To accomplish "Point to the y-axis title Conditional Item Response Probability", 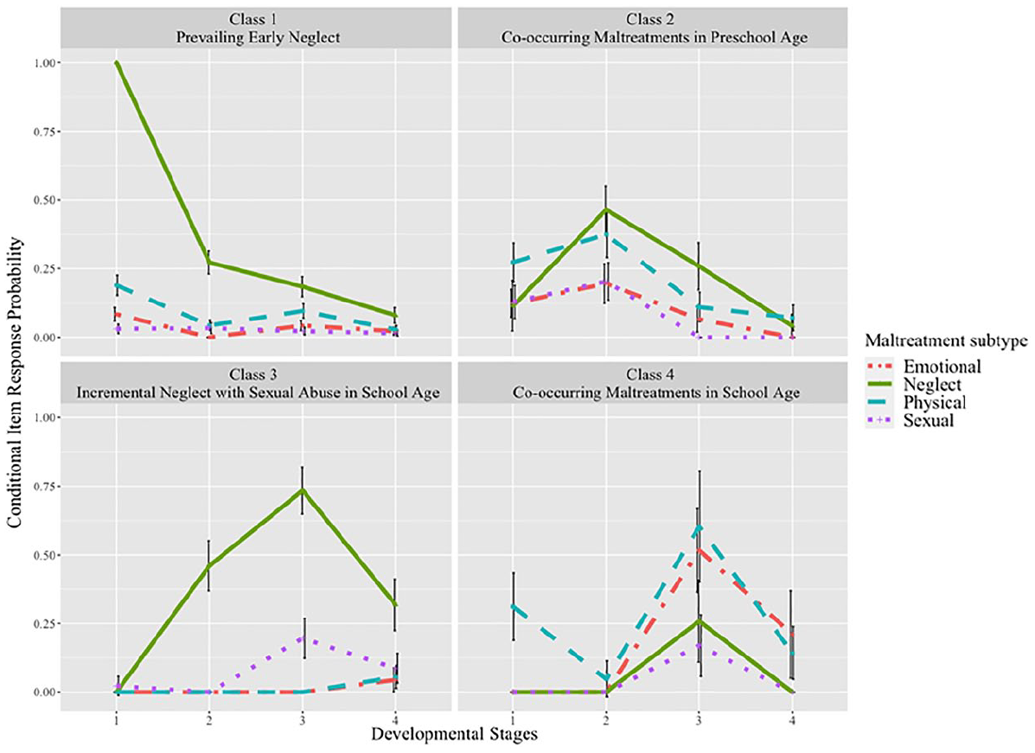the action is (x=15, y=383).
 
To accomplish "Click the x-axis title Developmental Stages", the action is (x=454, y=734).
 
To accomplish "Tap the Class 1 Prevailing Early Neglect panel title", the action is (x=258, y=28).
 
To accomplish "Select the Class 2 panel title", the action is (x=654, y=28).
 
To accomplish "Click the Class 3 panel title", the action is (x=258, y=384).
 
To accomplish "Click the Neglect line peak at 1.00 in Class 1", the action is (x=117, y=63).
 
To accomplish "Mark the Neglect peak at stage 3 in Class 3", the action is (x=303, y=489).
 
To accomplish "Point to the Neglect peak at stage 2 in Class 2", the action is (x=607, y=209).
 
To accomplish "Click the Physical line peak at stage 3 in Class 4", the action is (x=699, y=526).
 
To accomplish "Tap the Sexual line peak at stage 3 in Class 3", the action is (x=303, y=638).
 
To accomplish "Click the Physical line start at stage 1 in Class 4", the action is (x=513, y=606).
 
